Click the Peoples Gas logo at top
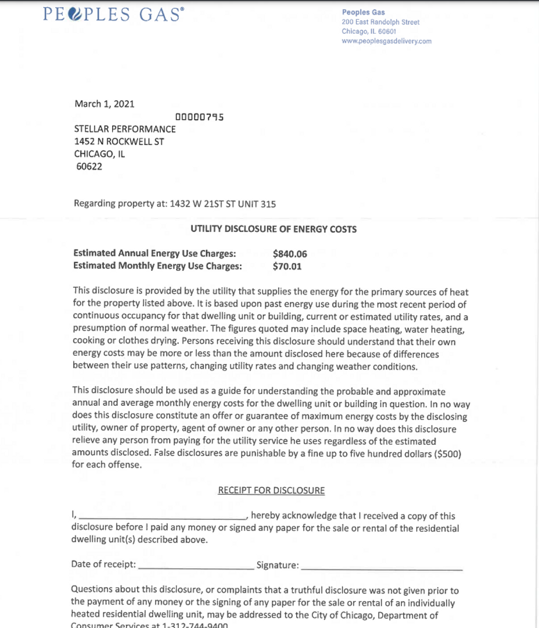pos(113,15)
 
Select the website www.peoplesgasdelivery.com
pos(387,41)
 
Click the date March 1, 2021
pos(105,104)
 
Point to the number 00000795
pos(199,117)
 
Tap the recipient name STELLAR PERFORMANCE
pos(125,129)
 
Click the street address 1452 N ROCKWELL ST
pos(119,141)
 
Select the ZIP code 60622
pos(89,167)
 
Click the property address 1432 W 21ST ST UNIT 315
pos(222,204)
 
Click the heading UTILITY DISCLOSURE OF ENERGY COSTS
pos(274,229)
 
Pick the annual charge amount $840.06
pos(289,254)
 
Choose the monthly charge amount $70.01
pos(287,266)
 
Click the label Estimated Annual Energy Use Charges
pos(154,254)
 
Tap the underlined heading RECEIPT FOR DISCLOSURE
pos(271,490)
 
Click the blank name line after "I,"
pos(163,516)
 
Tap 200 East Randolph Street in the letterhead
pos(380,22)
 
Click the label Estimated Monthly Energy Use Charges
pos(157,266)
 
